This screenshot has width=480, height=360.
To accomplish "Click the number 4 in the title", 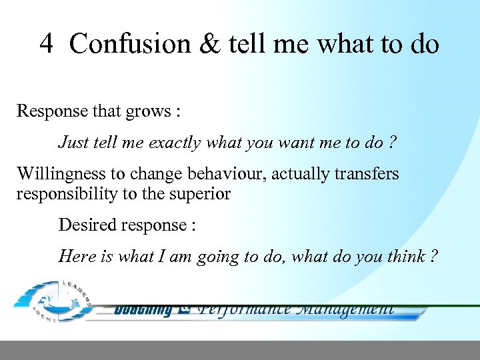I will point(46,44).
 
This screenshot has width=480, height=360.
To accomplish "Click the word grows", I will point(148,111).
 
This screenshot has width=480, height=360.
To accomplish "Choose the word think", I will point(397,256).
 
